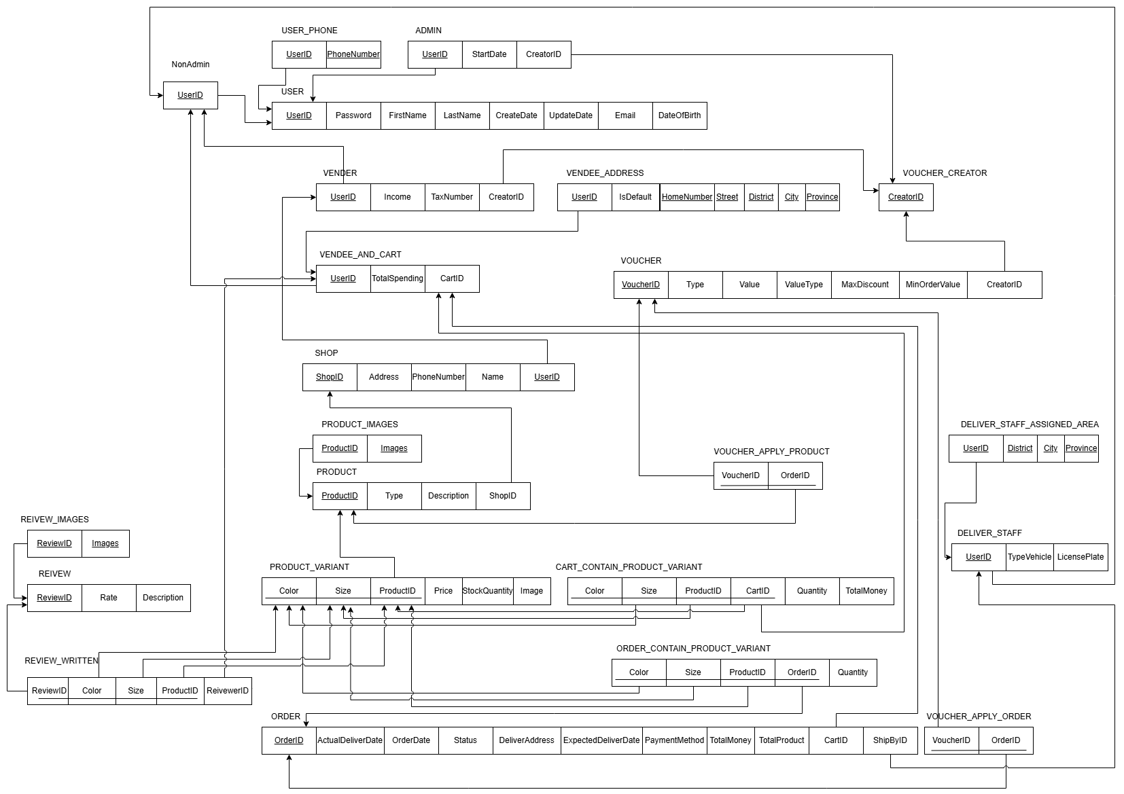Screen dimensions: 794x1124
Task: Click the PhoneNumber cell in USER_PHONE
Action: pyautogui.click(x=353, y=54)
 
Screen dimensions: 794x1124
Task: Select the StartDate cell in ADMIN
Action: pyautogui.click(x=489, y=54)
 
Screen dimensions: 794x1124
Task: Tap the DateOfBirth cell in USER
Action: pyautogui.click(x=680, y=115)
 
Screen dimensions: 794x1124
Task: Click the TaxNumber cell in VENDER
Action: pyautogui.click(x=452, y=197)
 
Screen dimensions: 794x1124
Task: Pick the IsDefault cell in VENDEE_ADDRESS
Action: pyautogui.click(x=635, y=197)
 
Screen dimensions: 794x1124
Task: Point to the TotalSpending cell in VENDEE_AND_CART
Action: pyautogui.click(x=398, y=278)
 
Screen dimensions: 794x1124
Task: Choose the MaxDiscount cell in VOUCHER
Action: pyautogui.click(x=865, y=285)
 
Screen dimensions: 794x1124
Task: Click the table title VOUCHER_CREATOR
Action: pyautogui.click(x=945, y=173)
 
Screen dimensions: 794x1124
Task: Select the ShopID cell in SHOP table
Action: pyautogui.click(x=330, y=377)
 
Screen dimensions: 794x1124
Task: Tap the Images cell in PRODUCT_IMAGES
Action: pyautogui.click(x=394, y=448)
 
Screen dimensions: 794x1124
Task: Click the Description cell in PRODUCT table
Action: pyautogui.click(x=449, y=496)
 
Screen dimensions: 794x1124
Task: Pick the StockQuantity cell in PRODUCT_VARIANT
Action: pyautogui.click(x=487, y=591)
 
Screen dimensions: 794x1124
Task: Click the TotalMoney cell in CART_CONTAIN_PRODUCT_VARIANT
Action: pyautogui.click(x=866, y=591)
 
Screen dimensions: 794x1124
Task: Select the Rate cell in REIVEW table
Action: pyautogui.click(x=109, y=598)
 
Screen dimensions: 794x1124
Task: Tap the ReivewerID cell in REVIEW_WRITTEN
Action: pyautogui.click(x=228, y=691)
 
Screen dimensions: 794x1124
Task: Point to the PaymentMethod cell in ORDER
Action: pyautogui.click(x=674, y=740)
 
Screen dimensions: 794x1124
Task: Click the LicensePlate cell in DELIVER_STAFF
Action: pyautogui.click(x=1081, y=557)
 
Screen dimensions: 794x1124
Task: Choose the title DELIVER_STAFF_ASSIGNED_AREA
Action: pyautogui.click(x=1029, y=425)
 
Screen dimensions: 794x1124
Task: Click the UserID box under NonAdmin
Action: pyautogui.click(x=190, y=95)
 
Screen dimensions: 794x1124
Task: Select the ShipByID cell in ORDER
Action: pyautogui.click(x=890, y=740)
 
